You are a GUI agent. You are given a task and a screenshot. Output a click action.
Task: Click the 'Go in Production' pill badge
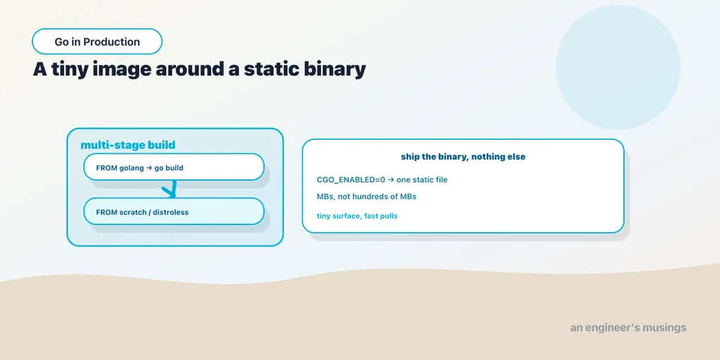point(97,42)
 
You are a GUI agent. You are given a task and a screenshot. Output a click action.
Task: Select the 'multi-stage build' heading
point(128,145)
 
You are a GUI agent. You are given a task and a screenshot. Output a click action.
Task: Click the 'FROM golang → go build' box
point(174,167)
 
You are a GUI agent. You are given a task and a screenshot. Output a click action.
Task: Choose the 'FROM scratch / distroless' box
point(174,211)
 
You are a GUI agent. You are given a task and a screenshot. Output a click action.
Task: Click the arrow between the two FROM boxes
point(172,188)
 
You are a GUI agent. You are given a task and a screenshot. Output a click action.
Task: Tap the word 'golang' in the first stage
point(131,168)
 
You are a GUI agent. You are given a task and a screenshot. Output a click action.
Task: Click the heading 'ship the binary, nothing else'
point(463,157)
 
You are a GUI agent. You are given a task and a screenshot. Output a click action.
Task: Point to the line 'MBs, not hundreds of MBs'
point(366,196)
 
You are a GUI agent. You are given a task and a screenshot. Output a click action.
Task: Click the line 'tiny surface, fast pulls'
point(357,216)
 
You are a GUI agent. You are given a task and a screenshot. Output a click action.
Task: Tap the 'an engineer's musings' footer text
point(628,328)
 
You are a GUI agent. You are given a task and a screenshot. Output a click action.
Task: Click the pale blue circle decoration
point(618,67)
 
